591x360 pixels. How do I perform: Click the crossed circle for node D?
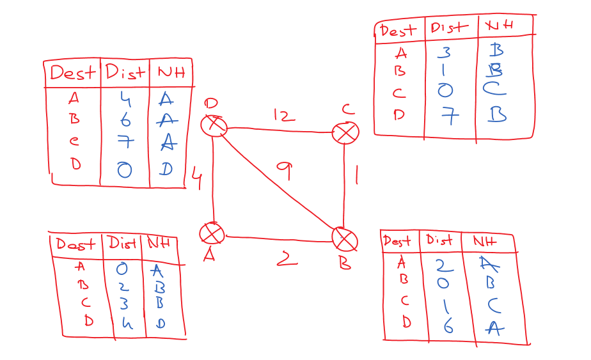214,125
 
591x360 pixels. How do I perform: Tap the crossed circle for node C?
345,133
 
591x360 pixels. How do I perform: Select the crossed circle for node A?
212,233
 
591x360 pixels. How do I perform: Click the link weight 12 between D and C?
284,116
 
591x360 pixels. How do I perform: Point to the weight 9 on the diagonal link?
284,170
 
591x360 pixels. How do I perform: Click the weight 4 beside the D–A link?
196,179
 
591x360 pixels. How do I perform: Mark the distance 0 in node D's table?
124,169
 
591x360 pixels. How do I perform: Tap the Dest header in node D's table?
72,73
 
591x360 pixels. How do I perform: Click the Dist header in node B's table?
439,240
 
